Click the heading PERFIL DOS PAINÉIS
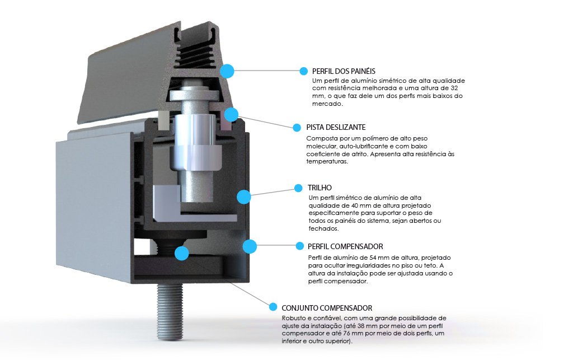pyautogui.click(x=344, y=71)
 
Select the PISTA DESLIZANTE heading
pyautogui.click(x=336, y=128)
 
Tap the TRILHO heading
pyautogui.click(x=320, y=188)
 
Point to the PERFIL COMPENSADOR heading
pyautogui.click(x=345, y=247)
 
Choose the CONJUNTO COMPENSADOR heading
pyautogui.click(x=327, y=308)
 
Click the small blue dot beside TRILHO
pyautogui.click(x=298, y=188)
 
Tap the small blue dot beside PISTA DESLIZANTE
pyautogui.click(x=297, y=128)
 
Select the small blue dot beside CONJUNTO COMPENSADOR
pyautogui.click(x=273, y=307)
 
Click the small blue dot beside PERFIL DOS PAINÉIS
pyautogui.click(x=303, y=71)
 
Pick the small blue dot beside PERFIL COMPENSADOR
pyautogui.click(x=300, y=246)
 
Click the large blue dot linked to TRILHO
pyautogui.click(x=244, y=197)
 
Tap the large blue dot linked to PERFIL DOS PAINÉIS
pyautogui.click(x=227, y=71)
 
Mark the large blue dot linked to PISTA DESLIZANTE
pyautogui.click(x=231, y=114)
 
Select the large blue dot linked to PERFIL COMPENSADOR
pyautogui.click(x=250, y=246)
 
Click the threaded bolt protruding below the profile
pyautogui.click(x=170, y=311)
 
